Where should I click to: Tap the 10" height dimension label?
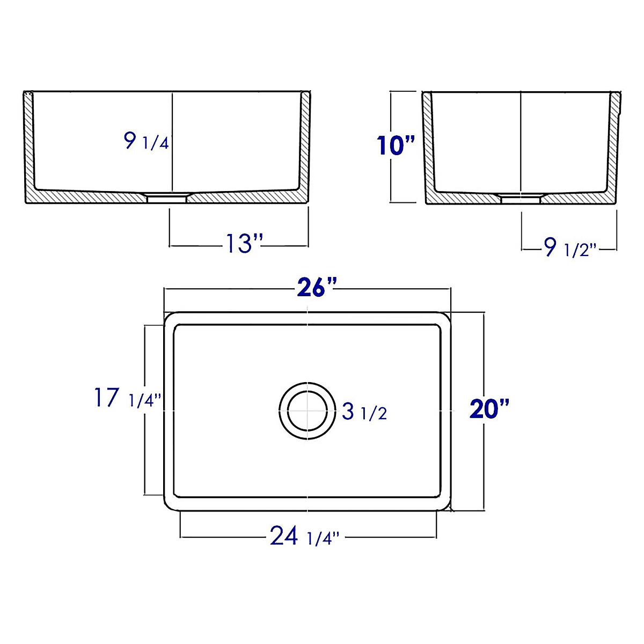(396, 145)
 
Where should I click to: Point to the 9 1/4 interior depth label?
(146, 142)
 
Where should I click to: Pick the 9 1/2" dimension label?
(569, 248)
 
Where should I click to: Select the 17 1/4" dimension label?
(127, 399)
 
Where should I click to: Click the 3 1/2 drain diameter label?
(364, 412)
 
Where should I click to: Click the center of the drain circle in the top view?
(306, 412)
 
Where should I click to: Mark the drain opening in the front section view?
(167, 197)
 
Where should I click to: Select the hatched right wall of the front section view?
(304, 145)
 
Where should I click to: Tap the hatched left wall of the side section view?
(428, 145)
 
